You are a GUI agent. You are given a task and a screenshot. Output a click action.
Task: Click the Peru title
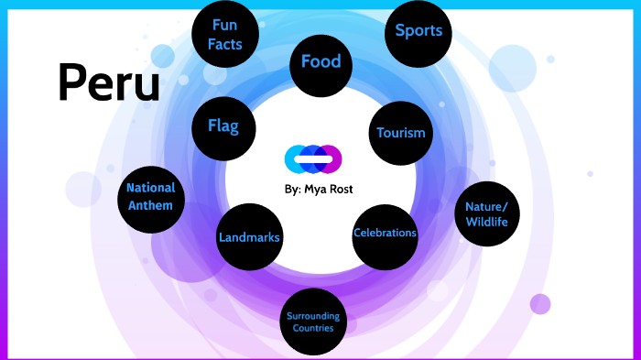(x=108, y=82)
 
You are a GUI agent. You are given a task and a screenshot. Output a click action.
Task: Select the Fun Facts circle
(x=224, y=34)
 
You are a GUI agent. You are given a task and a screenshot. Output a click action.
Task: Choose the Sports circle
(x=418, y=32)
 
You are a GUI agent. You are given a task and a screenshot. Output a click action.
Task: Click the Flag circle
(x=223, y=126)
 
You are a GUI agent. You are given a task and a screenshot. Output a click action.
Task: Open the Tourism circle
(x=401, y=133)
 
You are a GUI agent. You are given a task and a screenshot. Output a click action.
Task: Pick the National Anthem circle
(x=150, y=196)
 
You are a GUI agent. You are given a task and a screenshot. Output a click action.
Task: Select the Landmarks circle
(x=249, y=238)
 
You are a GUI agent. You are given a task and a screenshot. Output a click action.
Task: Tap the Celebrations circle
(x=385, y=233)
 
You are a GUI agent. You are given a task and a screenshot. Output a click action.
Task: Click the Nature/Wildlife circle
(x=486, y=213)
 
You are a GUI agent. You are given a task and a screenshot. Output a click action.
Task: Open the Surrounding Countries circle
(x=313, y=322)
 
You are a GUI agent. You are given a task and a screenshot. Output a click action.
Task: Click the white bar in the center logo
(x=313, y=159)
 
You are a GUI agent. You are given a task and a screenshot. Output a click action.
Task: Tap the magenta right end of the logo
(x=334, y=159)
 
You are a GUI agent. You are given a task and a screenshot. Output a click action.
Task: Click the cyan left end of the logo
(x=291, y=159)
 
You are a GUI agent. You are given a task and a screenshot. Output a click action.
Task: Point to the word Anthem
(x=150, y=205)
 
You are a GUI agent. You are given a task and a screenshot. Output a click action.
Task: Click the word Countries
(x=313, y=328)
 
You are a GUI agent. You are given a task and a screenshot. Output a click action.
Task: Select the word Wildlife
(x=486, y=221)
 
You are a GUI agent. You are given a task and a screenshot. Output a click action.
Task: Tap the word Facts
(x=224, y=42)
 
